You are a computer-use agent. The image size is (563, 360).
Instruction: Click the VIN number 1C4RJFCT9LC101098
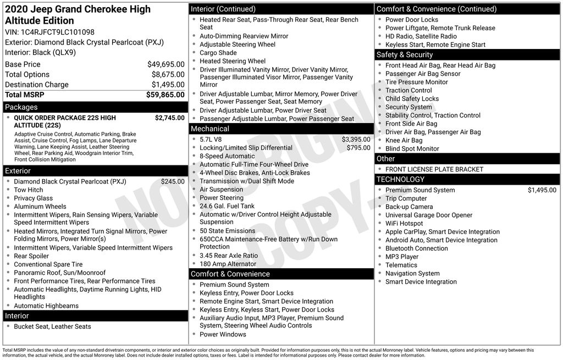(58, 32)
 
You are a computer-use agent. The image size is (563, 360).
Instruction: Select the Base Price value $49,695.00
(165, 64)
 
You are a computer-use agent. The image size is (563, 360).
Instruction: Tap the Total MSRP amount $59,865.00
(165, 95)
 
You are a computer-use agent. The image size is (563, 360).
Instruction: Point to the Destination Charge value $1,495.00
(168, 85)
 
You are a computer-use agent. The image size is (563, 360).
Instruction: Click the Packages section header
(21, 107)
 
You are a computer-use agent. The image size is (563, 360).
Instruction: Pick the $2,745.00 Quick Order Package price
(169, 118)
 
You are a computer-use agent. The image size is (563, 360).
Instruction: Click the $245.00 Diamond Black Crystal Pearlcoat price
(173, 181)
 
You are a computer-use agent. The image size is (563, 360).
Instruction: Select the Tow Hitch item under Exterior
(29, 190)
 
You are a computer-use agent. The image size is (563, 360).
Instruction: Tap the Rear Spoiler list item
(31, 256)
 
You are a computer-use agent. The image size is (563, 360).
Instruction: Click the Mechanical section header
(210, 129)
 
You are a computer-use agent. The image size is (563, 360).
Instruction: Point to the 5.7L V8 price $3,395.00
(356, 140)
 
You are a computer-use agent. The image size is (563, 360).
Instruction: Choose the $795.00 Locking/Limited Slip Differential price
(358, 148)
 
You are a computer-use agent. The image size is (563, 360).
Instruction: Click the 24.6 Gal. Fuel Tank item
(227, 206)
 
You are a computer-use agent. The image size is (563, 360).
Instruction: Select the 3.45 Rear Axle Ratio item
(229, 256)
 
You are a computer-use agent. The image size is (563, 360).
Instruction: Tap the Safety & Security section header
(405, 54)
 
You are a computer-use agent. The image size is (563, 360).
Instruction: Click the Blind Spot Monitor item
(412, 148)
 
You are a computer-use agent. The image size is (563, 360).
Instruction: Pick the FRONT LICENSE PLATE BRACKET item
(434, 169)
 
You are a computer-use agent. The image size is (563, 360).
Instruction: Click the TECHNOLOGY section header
(400, 179)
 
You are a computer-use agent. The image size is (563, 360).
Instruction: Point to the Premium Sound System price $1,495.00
(542, 190)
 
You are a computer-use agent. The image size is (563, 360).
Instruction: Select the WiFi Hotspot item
(404, 224)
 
